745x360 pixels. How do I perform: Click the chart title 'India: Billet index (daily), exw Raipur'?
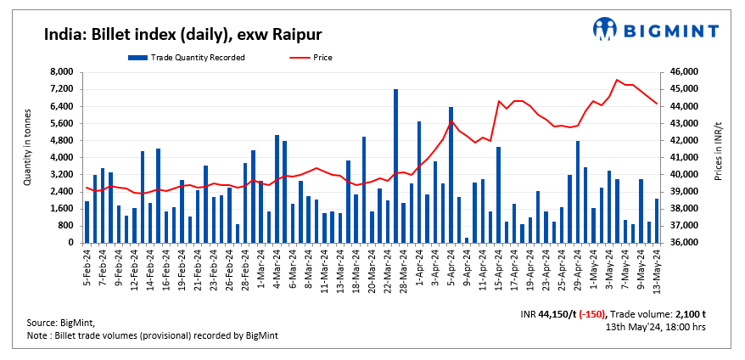(182, 34)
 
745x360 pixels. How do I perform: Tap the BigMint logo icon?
(606, 29)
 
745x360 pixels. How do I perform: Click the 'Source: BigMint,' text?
(61, 323)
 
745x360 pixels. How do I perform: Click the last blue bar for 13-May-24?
(657, 221)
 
